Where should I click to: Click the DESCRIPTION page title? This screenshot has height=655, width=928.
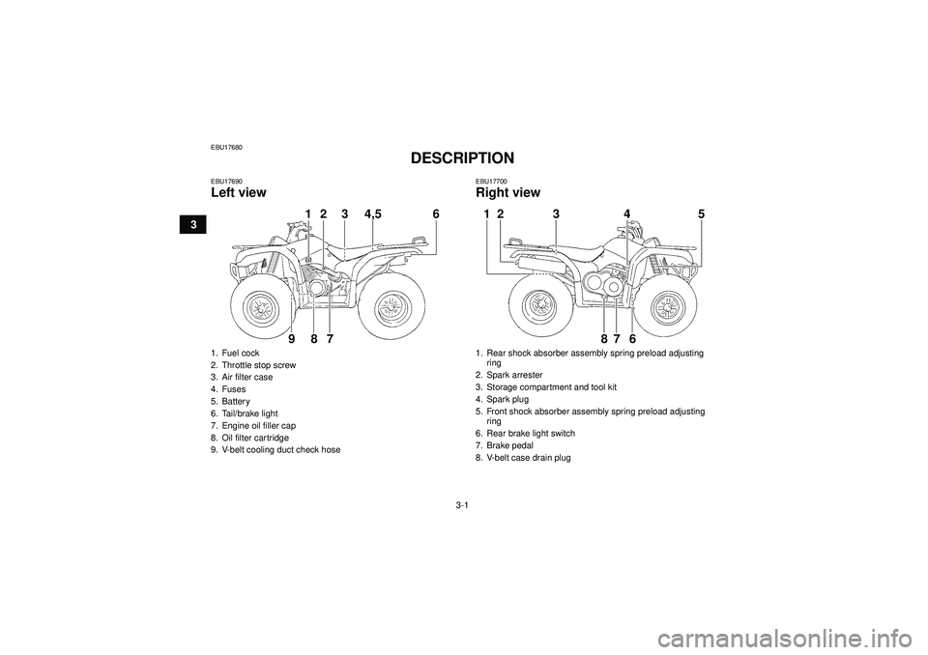462,158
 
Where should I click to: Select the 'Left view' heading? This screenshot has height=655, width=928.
239,192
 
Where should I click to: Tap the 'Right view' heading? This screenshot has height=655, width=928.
507,192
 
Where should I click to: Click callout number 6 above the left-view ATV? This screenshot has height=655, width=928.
436,214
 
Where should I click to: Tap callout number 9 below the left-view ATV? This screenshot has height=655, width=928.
291,339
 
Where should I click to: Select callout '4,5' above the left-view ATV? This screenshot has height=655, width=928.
373,214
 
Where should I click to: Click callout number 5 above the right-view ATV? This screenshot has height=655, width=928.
702,214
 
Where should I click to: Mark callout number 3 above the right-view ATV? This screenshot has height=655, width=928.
556,214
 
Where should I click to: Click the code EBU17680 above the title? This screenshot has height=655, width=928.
226,148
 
